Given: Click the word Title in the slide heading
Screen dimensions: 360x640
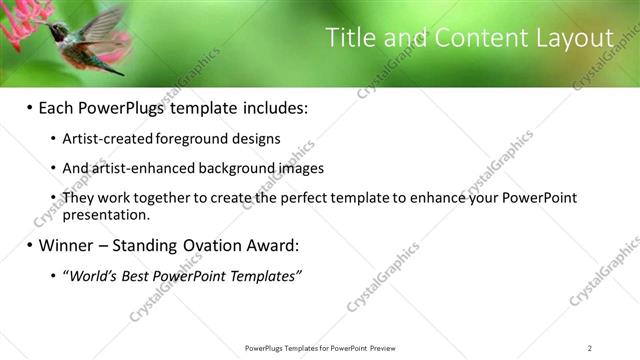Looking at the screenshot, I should tap(350, 39).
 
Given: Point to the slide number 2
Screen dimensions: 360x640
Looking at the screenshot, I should tap(590, 347).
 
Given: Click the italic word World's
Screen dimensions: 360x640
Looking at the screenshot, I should tap(90, 276).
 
